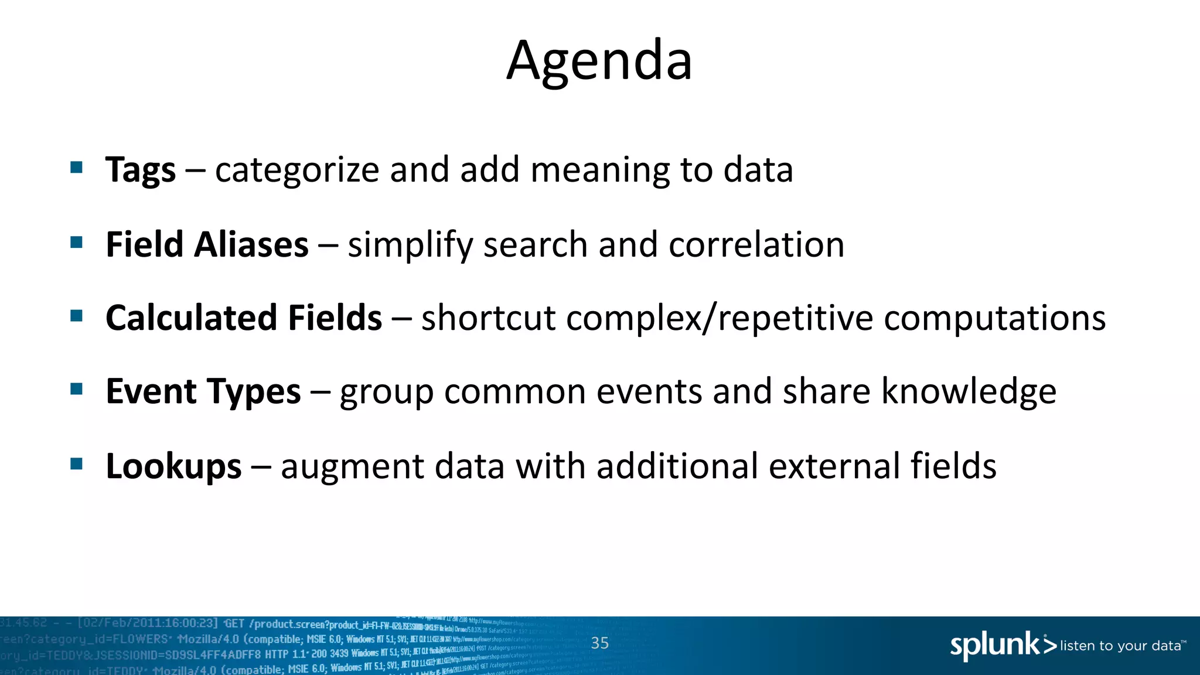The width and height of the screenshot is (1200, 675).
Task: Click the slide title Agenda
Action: tap(599, 60)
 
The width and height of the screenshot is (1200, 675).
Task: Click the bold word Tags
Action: tap(141, 171)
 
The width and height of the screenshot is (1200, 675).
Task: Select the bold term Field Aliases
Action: tap(207, 244)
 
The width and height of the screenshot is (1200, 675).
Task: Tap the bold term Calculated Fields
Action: tap(244, 318)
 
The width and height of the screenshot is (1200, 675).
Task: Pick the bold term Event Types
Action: tap(203, 391)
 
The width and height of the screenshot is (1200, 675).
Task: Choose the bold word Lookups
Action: tap(173, 466)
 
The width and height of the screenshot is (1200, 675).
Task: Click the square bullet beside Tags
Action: tap(76, 168)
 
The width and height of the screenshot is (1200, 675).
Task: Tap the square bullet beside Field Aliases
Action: tap(76, 242)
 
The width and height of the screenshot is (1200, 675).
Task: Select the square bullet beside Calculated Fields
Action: tap(76, 316)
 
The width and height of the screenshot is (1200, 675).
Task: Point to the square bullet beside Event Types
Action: tap(76, 390)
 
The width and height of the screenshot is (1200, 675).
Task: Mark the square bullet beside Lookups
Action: tap(76, 464)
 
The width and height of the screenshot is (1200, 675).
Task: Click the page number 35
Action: tap(600, 643)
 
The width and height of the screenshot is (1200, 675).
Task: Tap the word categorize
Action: tap(297, 171)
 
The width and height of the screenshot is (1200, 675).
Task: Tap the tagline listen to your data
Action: tap(1121, 646)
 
